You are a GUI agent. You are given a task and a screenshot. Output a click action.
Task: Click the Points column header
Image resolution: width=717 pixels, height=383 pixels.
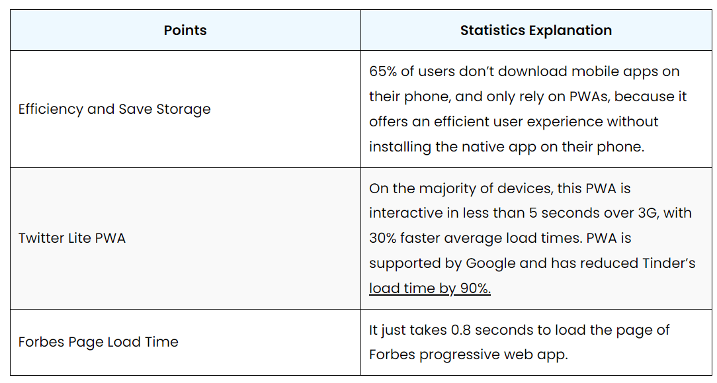(x=185, y=30)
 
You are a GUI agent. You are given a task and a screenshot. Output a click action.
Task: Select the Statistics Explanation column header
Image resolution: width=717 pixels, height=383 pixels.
(x=536, y=30)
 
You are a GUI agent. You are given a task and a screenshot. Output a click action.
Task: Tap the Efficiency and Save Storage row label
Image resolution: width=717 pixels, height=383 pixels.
(x=114, y=109)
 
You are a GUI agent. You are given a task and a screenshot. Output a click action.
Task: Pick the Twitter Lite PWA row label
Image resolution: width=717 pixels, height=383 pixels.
(x=72, y=238)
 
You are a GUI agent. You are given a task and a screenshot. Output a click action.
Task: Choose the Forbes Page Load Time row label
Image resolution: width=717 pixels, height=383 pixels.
(x=99, y=342)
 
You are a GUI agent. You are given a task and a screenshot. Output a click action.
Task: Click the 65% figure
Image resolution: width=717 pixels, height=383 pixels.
(x=383, y=71)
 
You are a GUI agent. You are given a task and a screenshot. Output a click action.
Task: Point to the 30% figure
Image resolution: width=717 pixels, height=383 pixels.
(x=383, y=238)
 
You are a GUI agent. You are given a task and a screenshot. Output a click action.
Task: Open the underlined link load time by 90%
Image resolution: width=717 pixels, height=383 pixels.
(x=430, y=288)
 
